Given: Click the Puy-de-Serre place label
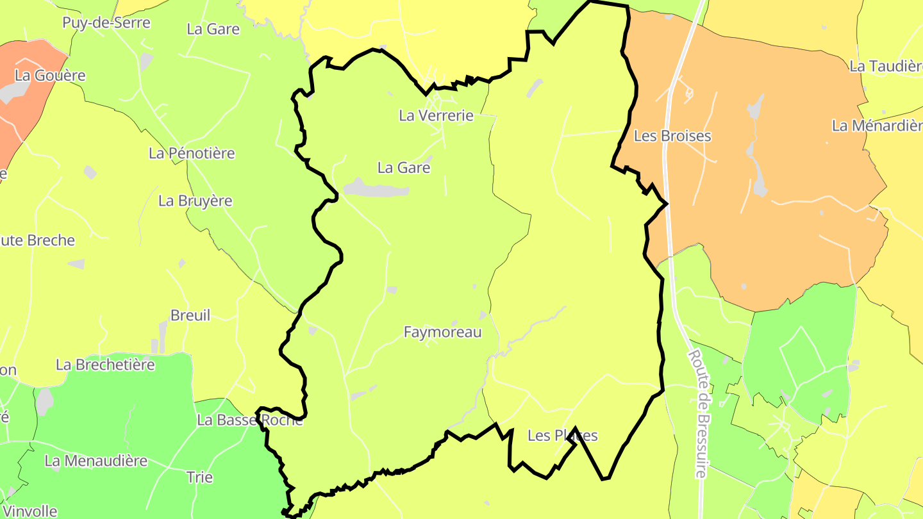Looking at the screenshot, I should coord(106,23).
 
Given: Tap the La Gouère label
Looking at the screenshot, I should coord(50,76).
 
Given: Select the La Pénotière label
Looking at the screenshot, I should coord(192,154).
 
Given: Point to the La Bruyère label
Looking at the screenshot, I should coord(195,201).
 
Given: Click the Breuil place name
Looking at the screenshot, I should coord(190,315).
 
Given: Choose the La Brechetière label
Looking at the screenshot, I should coord(106,365).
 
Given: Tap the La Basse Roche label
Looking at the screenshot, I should coord(250,420).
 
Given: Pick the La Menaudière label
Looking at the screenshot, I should coord(96,461).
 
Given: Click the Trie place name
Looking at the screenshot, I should coord(199,477).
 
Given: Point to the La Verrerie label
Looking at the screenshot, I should coord(436,116).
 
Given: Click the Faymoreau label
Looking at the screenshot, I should coord(442,333).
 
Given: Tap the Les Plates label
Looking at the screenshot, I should coord(562,436).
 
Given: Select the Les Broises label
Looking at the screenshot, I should coord(672,136).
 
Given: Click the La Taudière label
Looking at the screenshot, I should coord(886,67).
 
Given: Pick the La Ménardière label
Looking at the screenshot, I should coord(877,126).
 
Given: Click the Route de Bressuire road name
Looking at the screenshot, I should coord(698,413).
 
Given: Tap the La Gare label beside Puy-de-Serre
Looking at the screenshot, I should coord(213,29).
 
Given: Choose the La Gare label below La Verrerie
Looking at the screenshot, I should coord(404,168).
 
